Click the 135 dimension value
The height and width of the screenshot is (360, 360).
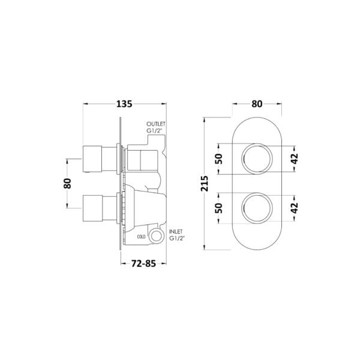pos(124,104)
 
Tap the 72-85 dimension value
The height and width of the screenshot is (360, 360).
pos(143,263)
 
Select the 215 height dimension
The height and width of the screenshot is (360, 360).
pos(205,184)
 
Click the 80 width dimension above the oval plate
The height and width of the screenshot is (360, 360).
pos(257,104)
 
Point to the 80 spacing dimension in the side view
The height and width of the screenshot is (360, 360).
pos(67,183)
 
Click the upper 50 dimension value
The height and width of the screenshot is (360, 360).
pos(219,158)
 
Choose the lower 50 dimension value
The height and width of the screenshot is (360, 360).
pos(219,208)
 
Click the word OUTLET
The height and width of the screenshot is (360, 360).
pos(156,124)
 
